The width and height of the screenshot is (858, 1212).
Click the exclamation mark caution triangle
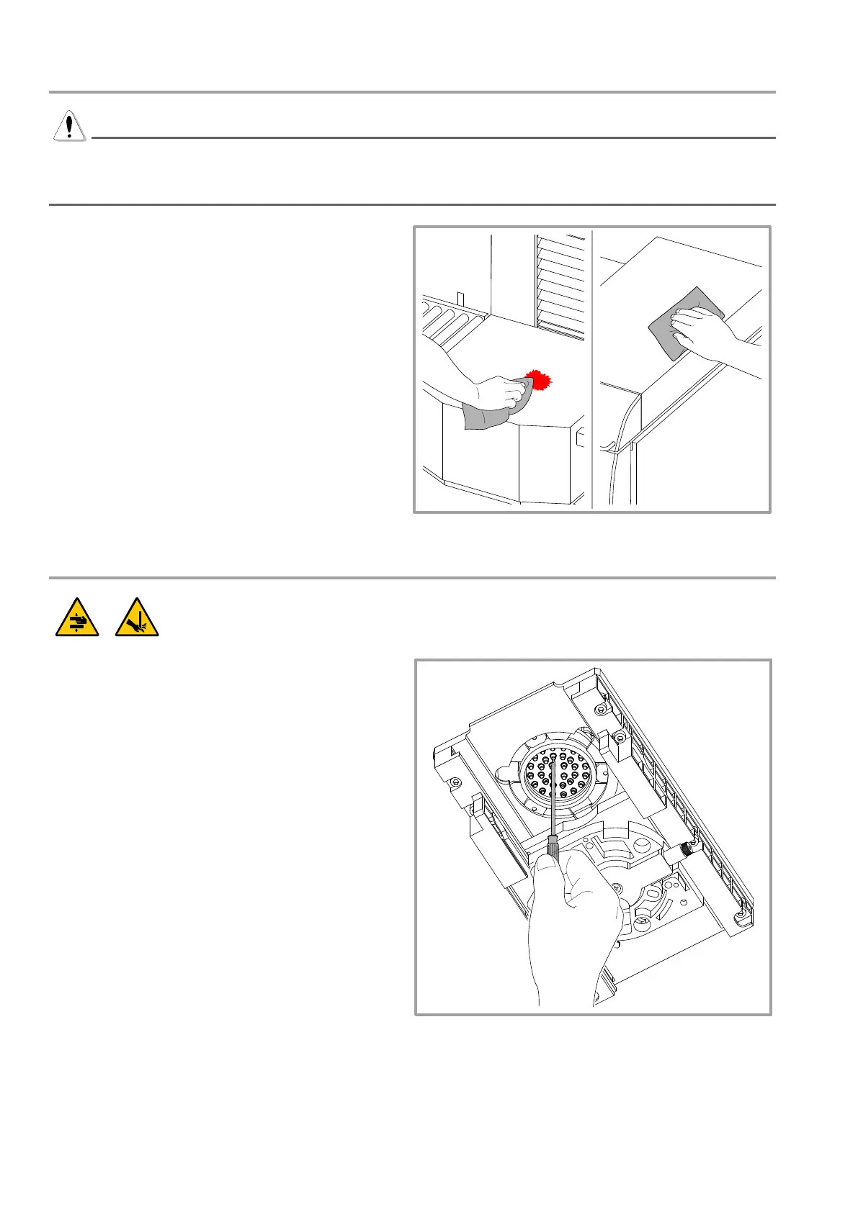coord(69,126)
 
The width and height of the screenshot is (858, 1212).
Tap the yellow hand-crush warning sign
coord(78,618)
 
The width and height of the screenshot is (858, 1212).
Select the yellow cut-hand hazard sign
coord(137,618)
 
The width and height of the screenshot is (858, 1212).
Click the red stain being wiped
coord(537,379)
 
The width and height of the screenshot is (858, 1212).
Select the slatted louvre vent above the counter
coord(560,284)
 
